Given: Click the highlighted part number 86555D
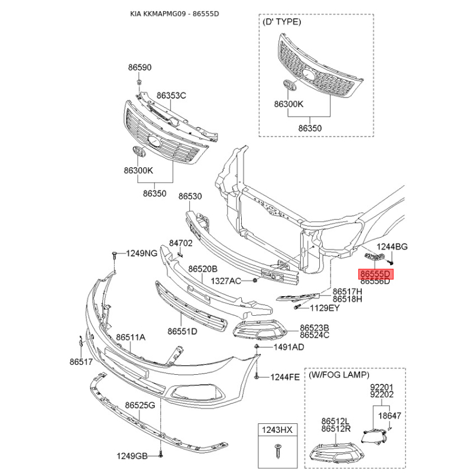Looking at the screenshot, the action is [x=375, y=274].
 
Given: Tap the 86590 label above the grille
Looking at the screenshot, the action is [x=140, y=67].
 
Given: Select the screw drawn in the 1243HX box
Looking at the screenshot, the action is [x=277, y=451].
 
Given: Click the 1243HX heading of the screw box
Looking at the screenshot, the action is [x=277, y=429].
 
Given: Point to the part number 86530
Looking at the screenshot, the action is [x=190, y=196].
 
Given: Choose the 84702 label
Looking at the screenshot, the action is [x=181, y=243].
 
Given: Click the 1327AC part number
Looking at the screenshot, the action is [x=226, y=281].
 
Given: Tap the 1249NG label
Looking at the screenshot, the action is [x=142, y=253].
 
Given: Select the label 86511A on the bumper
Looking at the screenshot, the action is [x=131, y=337].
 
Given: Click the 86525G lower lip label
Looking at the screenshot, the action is [x=140, y=405].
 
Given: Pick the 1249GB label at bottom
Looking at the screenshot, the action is [x=132, y=456].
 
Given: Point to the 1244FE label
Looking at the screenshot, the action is [x=285, y=377].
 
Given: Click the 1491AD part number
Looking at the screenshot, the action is [x=289, y=347].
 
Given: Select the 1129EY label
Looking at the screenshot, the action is [x=325, y=308].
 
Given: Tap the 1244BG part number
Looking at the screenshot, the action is [x=392, y=247].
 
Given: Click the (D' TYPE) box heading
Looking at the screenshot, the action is [x=282, y=22].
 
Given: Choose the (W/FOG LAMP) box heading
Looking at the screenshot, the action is [x=339, y=375].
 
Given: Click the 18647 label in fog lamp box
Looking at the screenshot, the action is [x=390, y=416].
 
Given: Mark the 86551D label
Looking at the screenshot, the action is [x=183, y=331].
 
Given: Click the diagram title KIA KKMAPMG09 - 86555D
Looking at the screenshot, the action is [x=174, y=14].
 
